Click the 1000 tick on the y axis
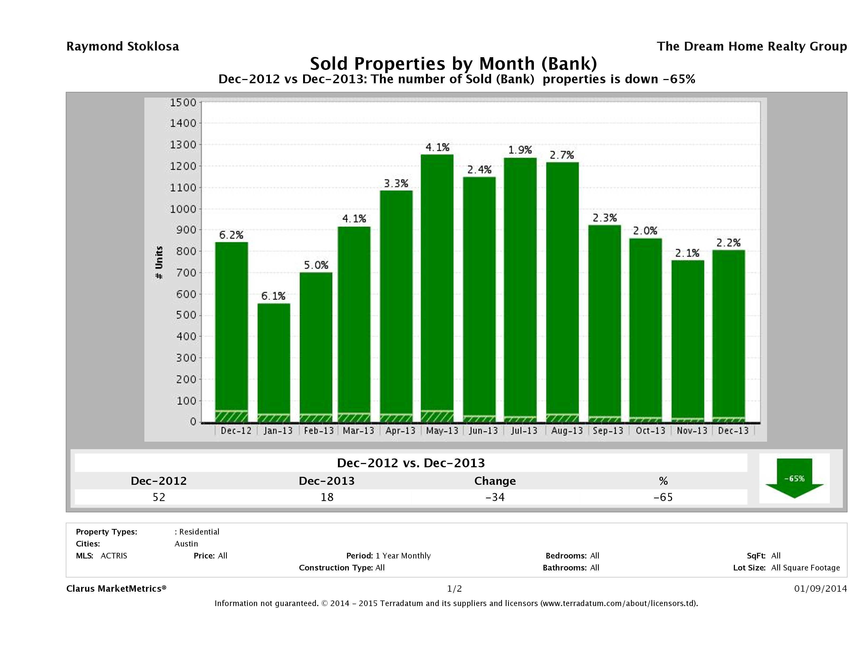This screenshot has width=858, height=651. coord(183,209)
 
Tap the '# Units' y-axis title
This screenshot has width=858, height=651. coord(159,263)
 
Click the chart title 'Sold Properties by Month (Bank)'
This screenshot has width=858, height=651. coord(453,63)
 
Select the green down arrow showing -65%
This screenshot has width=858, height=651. coord(794,478)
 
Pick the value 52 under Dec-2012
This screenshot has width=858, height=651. coord(159,497)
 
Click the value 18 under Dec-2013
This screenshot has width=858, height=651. coord(327,497)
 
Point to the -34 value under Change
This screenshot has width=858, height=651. coord(495,497)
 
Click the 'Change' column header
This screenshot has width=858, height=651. coord(495,481)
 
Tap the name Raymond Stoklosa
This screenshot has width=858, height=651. coord(123,47)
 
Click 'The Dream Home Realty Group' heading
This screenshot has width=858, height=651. coord(752,47)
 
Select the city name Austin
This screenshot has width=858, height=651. coord(186,544)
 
